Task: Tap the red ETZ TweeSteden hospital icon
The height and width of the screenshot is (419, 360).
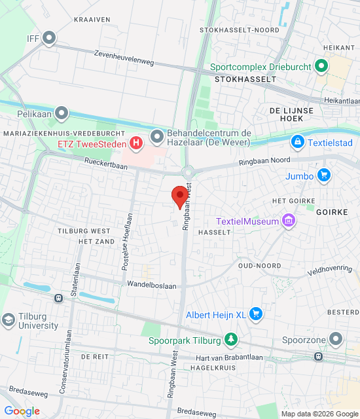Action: [x=135, y=142]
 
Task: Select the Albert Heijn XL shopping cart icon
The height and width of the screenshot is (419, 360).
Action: [x=255, y=315]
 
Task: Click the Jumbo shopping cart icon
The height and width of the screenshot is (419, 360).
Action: [x=323, y=175]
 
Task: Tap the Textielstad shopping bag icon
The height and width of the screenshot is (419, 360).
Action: [x=298, y=141]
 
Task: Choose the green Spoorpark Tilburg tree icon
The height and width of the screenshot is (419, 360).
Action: [x=230, y=339]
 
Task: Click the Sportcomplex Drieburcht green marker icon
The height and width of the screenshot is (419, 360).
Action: [x=321, y=66]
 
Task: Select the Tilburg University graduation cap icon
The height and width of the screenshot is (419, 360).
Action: [x=9, y=320]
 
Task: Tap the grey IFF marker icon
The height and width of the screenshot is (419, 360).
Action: [x=49, y=39]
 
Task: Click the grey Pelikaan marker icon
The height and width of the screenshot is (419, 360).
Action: [x=62, y=114]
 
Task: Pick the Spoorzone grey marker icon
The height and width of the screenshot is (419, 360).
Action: [x=336, y=339]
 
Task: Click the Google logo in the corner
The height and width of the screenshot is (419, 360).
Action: [x=22, y=411]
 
